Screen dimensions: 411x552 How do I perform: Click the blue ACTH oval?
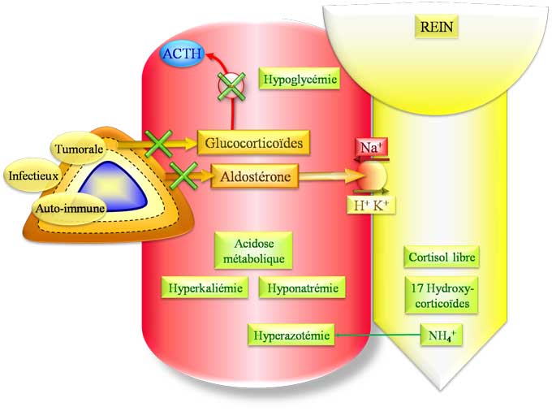pyautogui.click(x=183, y=54)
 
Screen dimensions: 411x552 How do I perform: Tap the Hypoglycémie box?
pyautogui.click(x=299, y=80)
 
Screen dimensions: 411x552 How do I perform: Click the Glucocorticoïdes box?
pyautogui.click(x=254, y=143)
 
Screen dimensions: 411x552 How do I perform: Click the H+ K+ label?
pyautogui.click(x=374, y=206)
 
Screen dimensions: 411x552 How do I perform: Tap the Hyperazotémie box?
pyautogui.click(x=292, y=334)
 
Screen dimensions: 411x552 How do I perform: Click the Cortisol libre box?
pyautogui.click(x=441, y=257)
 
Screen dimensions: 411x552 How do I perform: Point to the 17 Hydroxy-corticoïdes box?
pyautogui.click(x=441, y=296)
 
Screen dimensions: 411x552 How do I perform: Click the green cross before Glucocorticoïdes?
pyautogui.click(x=157, y=144)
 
